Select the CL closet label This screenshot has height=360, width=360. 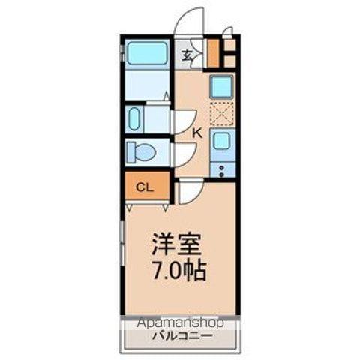(145, 187)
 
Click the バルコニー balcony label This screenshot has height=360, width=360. (180, 335)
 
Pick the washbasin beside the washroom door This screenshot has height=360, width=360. (136, 118)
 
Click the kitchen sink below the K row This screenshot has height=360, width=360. (221, 140)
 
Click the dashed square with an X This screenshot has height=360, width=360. (221, 113)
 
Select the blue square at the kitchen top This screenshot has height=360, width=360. (221, 87)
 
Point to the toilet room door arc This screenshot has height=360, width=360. (184, 154)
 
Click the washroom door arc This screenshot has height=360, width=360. (184, 120)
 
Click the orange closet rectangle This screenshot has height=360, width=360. (147, 187)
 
